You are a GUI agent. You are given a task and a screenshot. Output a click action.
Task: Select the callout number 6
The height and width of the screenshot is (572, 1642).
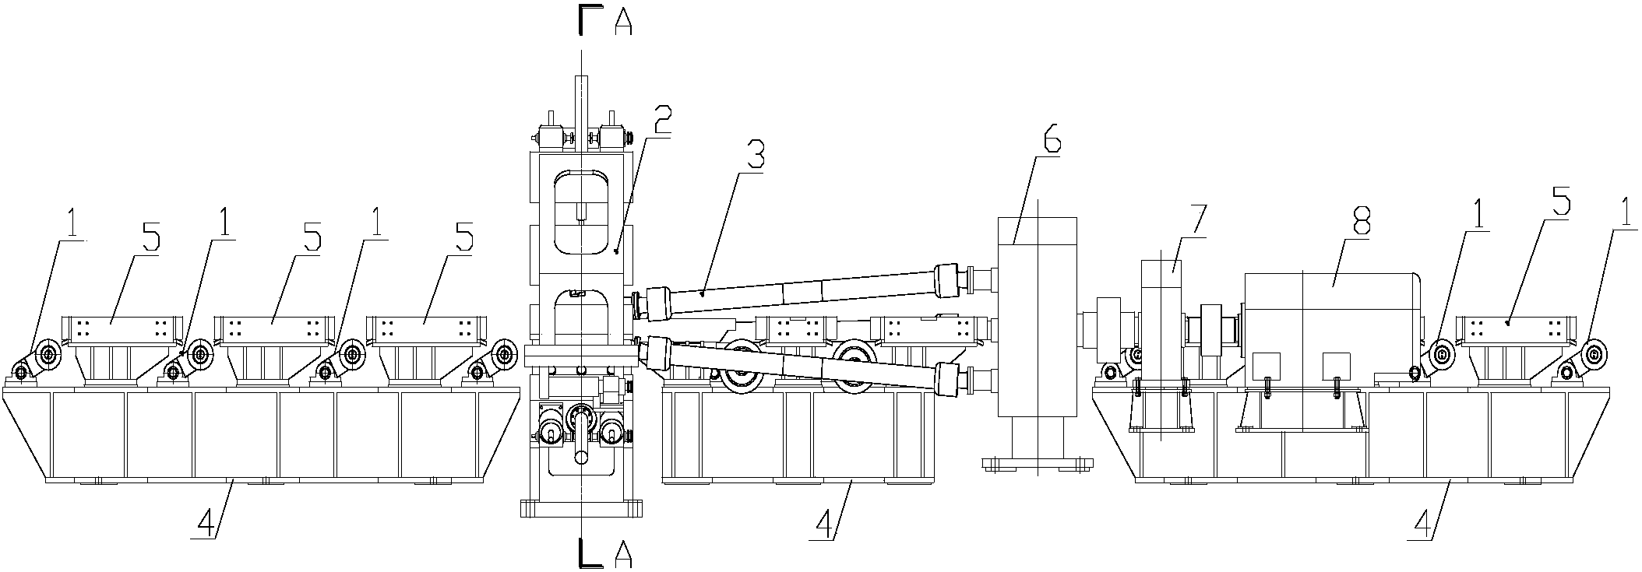[1050, 144]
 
